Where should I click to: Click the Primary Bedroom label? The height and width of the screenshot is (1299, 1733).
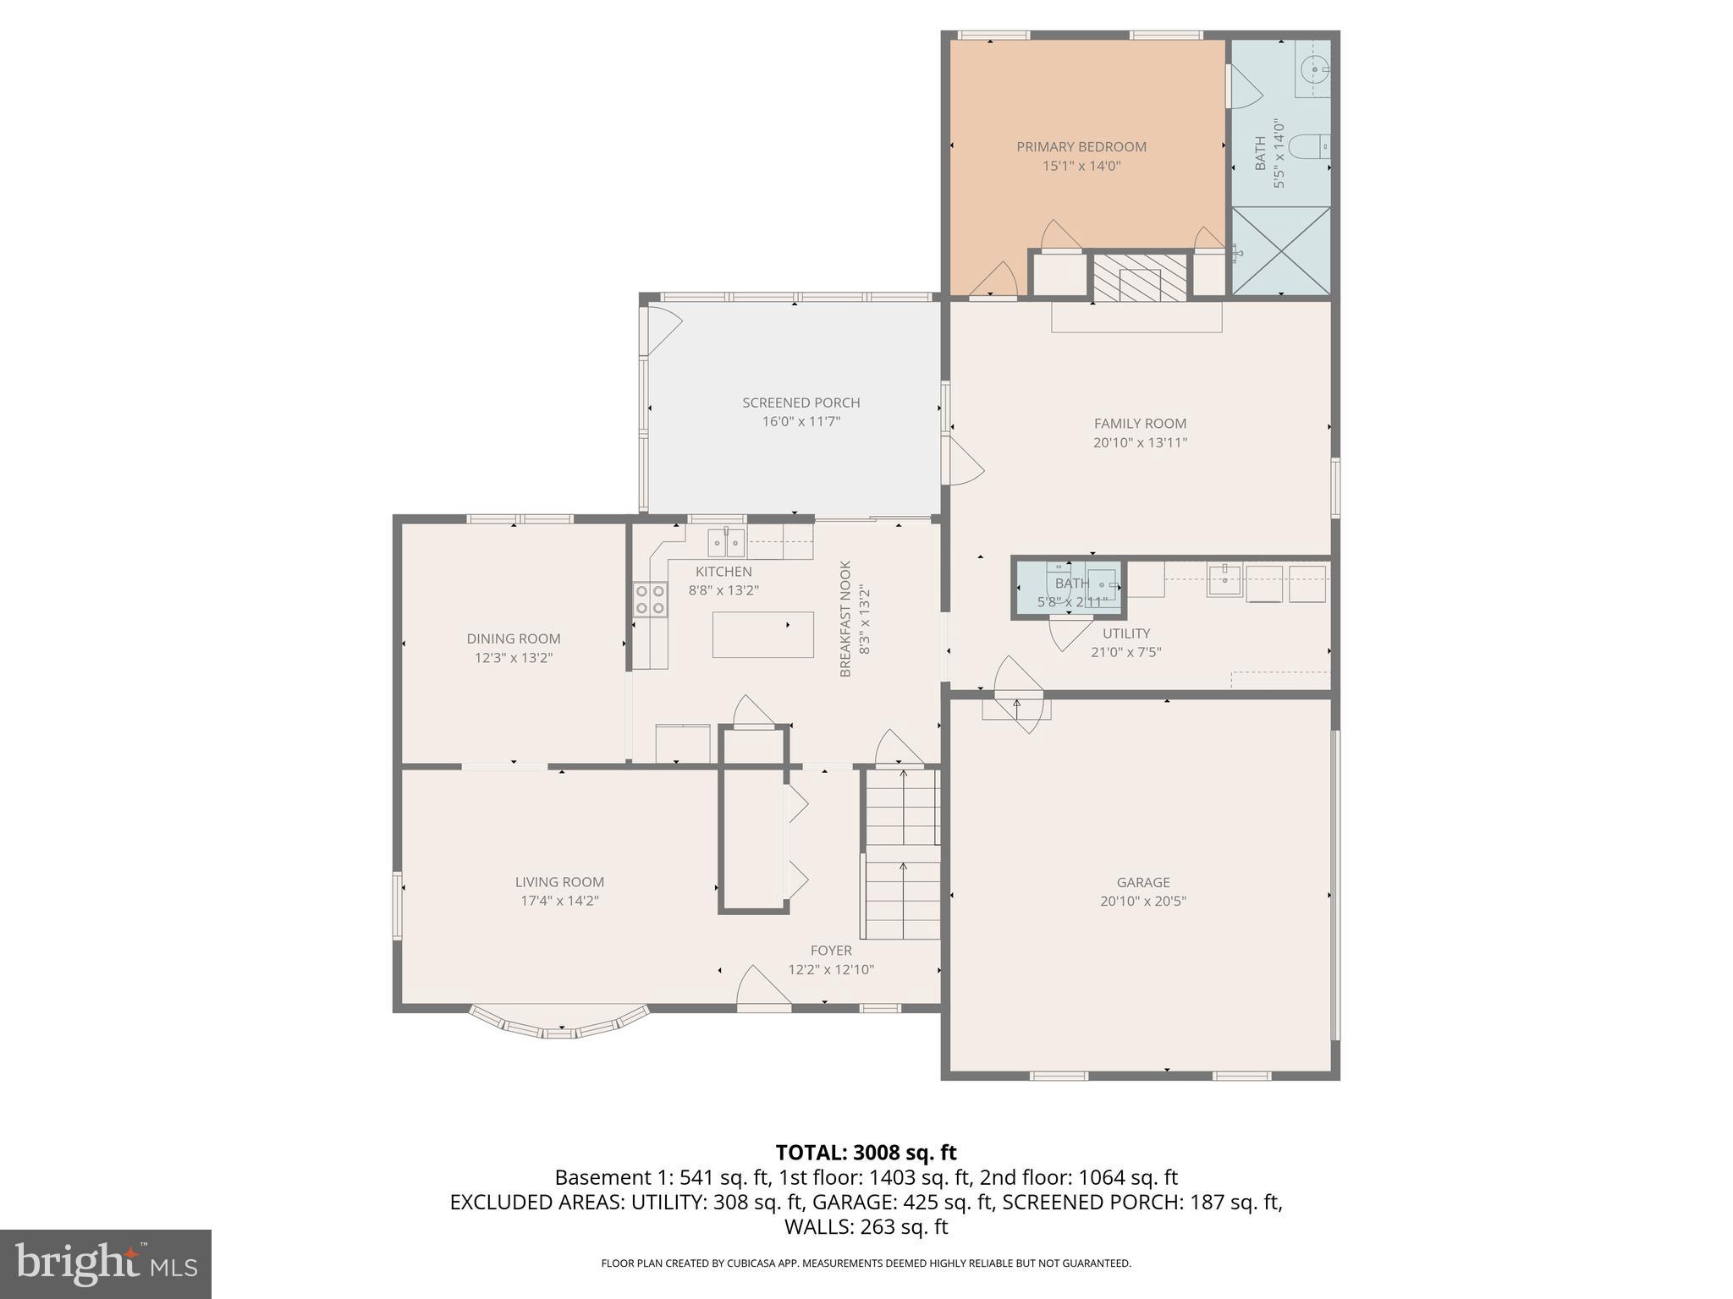[x=1081, y=147]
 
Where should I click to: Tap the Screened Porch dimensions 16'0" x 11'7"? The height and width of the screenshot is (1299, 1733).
[x=800, y=421]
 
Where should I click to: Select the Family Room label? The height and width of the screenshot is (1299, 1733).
[x=1140, y=424]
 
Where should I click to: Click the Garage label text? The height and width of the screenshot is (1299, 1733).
[x=1142, y=882]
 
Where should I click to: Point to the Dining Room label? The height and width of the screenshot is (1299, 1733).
[x=513, y=639]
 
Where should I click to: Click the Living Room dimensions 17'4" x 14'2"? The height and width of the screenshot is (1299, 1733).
[x=559, y=901]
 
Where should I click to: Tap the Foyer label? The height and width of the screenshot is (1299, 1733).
[x=830, y=951]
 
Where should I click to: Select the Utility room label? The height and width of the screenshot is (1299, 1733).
[x=1125, y=633]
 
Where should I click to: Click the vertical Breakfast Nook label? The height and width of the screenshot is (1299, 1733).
[x=845, y=618]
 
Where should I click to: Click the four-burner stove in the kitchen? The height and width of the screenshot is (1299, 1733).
[x=650, y=599]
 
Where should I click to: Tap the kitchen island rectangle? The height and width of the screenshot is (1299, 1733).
[x=762, y=634]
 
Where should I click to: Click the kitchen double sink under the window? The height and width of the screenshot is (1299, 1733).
[x=726, y=540]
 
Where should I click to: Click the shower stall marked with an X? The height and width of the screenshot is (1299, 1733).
[x=1280, y=250]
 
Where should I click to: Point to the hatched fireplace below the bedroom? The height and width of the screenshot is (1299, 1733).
[x=1140, y=277]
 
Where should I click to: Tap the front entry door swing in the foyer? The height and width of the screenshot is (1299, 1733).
[x=762, y=989]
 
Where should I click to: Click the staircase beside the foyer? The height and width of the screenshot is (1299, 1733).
[x=902, y=854]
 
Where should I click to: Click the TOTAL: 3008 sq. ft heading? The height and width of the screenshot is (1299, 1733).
[x=866, y=1153]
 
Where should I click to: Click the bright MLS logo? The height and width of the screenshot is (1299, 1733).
[x=105, y=1263]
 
